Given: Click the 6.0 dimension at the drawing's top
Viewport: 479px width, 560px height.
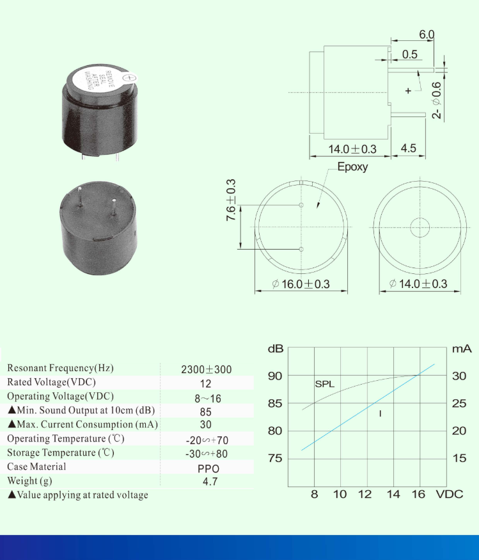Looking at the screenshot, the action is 427,35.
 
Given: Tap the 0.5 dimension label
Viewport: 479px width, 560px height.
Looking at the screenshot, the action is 410,54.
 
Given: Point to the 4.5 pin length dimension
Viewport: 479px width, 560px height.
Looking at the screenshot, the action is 408,148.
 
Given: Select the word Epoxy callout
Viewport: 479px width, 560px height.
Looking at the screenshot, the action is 352,167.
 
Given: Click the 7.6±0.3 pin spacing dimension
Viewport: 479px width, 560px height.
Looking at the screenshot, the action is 231,200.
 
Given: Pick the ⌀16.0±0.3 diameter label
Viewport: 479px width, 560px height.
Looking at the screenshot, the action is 301,284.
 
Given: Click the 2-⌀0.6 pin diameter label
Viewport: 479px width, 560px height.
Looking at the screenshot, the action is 437,100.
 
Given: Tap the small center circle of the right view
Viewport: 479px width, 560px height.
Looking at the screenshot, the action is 420,227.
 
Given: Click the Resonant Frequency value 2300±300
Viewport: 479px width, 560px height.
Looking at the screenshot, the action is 207,369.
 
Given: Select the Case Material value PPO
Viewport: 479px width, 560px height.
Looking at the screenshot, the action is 208,468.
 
